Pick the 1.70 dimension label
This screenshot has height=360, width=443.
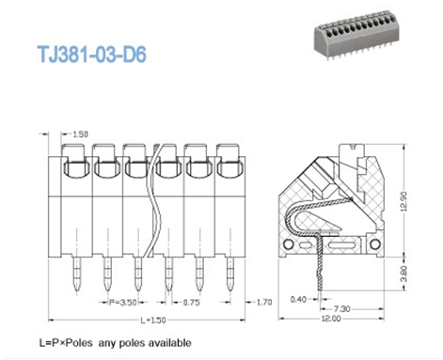[266, 303]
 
